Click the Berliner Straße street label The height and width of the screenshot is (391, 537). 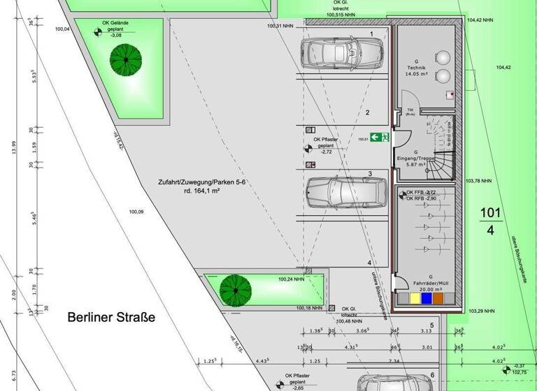111,317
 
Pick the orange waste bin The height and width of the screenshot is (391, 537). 438,299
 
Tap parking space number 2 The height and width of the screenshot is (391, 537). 367,112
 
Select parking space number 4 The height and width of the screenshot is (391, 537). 368,263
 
